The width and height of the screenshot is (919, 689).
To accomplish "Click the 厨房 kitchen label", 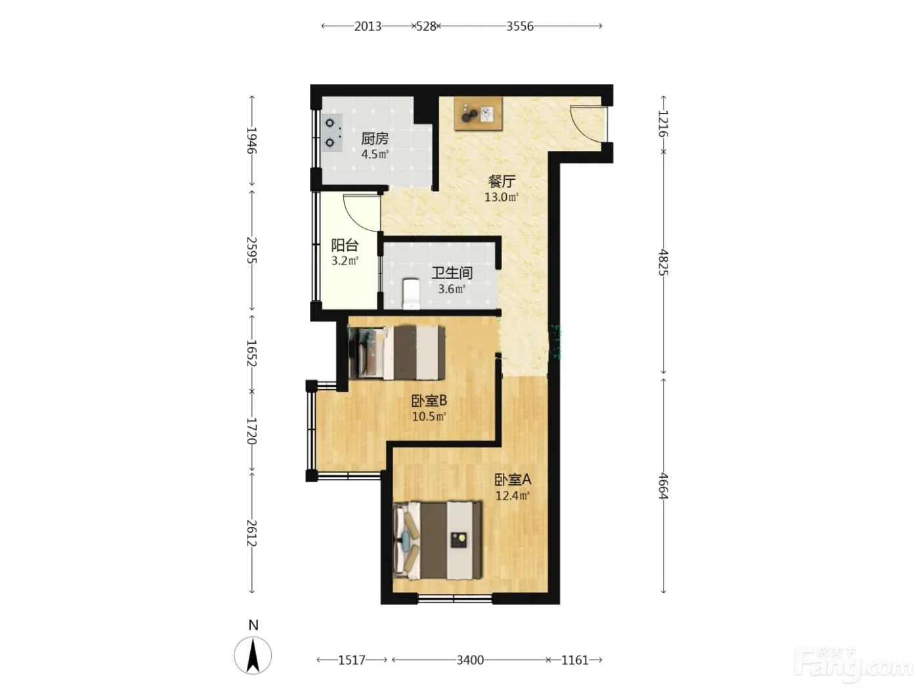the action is coord(374,138).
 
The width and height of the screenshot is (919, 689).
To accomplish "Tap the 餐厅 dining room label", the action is coord(501,182).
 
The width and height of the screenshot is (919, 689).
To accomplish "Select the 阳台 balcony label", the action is coord(345,245).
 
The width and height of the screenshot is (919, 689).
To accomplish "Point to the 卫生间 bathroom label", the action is coord(452,273).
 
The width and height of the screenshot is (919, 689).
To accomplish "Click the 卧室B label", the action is coord(429,401).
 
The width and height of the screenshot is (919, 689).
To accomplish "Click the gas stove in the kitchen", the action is coord(332,133).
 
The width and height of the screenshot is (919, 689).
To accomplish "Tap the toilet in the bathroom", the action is coord(411,294).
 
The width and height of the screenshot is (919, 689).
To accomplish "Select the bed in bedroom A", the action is coord(437,541).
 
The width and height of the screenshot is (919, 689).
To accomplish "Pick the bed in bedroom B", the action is coord(397,352).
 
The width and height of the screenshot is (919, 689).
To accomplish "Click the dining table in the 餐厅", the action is coord(478,114).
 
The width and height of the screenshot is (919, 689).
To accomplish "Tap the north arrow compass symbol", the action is coord(253,655).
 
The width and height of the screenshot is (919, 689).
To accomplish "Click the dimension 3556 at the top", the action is coord(520,26).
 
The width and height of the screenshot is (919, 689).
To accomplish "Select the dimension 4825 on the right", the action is coord(663,262).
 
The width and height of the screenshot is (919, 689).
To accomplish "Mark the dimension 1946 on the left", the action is coord(251,140).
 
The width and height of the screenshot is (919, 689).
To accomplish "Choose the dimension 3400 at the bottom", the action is coord(470,660).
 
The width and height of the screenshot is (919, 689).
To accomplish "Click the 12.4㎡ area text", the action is coord(513,495).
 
